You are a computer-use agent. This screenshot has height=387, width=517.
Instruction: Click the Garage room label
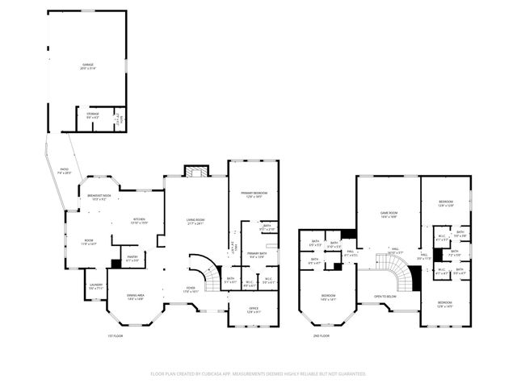tap(87, 64)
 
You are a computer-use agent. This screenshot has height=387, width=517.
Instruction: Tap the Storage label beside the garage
tap(93, 115)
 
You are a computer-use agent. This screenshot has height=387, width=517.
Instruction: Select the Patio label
tap(65, 171)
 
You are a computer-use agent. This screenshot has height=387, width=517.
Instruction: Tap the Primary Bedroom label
tap(253, 194)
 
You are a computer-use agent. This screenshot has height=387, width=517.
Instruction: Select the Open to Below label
tap(385, 296)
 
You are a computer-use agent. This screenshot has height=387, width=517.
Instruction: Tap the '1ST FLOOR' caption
tap(116, 335)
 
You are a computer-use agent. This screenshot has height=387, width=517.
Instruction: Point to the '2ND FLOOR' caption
tap(322, 335)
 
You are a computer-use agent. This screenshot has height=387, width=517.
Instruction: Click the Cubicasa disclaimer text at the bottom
tap(258, 374)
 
